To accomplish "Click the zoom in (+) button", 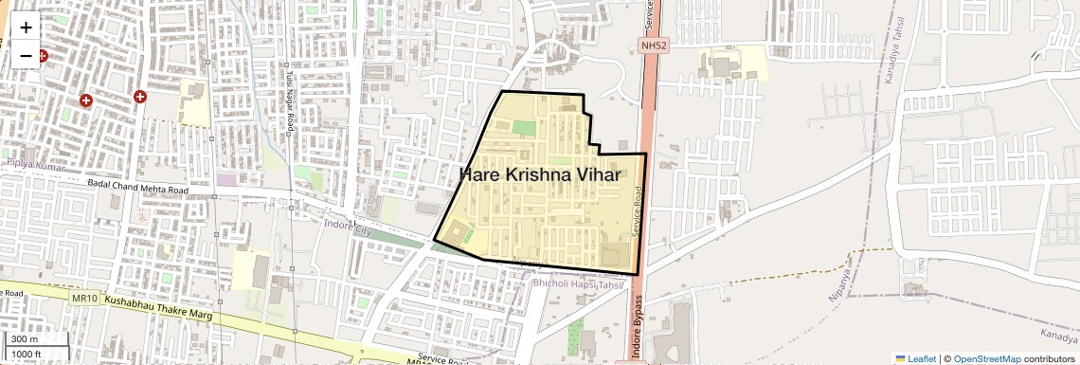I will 26,27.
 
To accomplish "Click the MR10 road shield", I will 85,299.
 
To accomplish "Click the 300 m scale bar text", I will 25,339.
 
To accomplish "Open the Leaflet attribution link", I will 915,359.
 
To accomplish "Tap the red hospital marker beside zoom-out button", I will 42,57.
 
